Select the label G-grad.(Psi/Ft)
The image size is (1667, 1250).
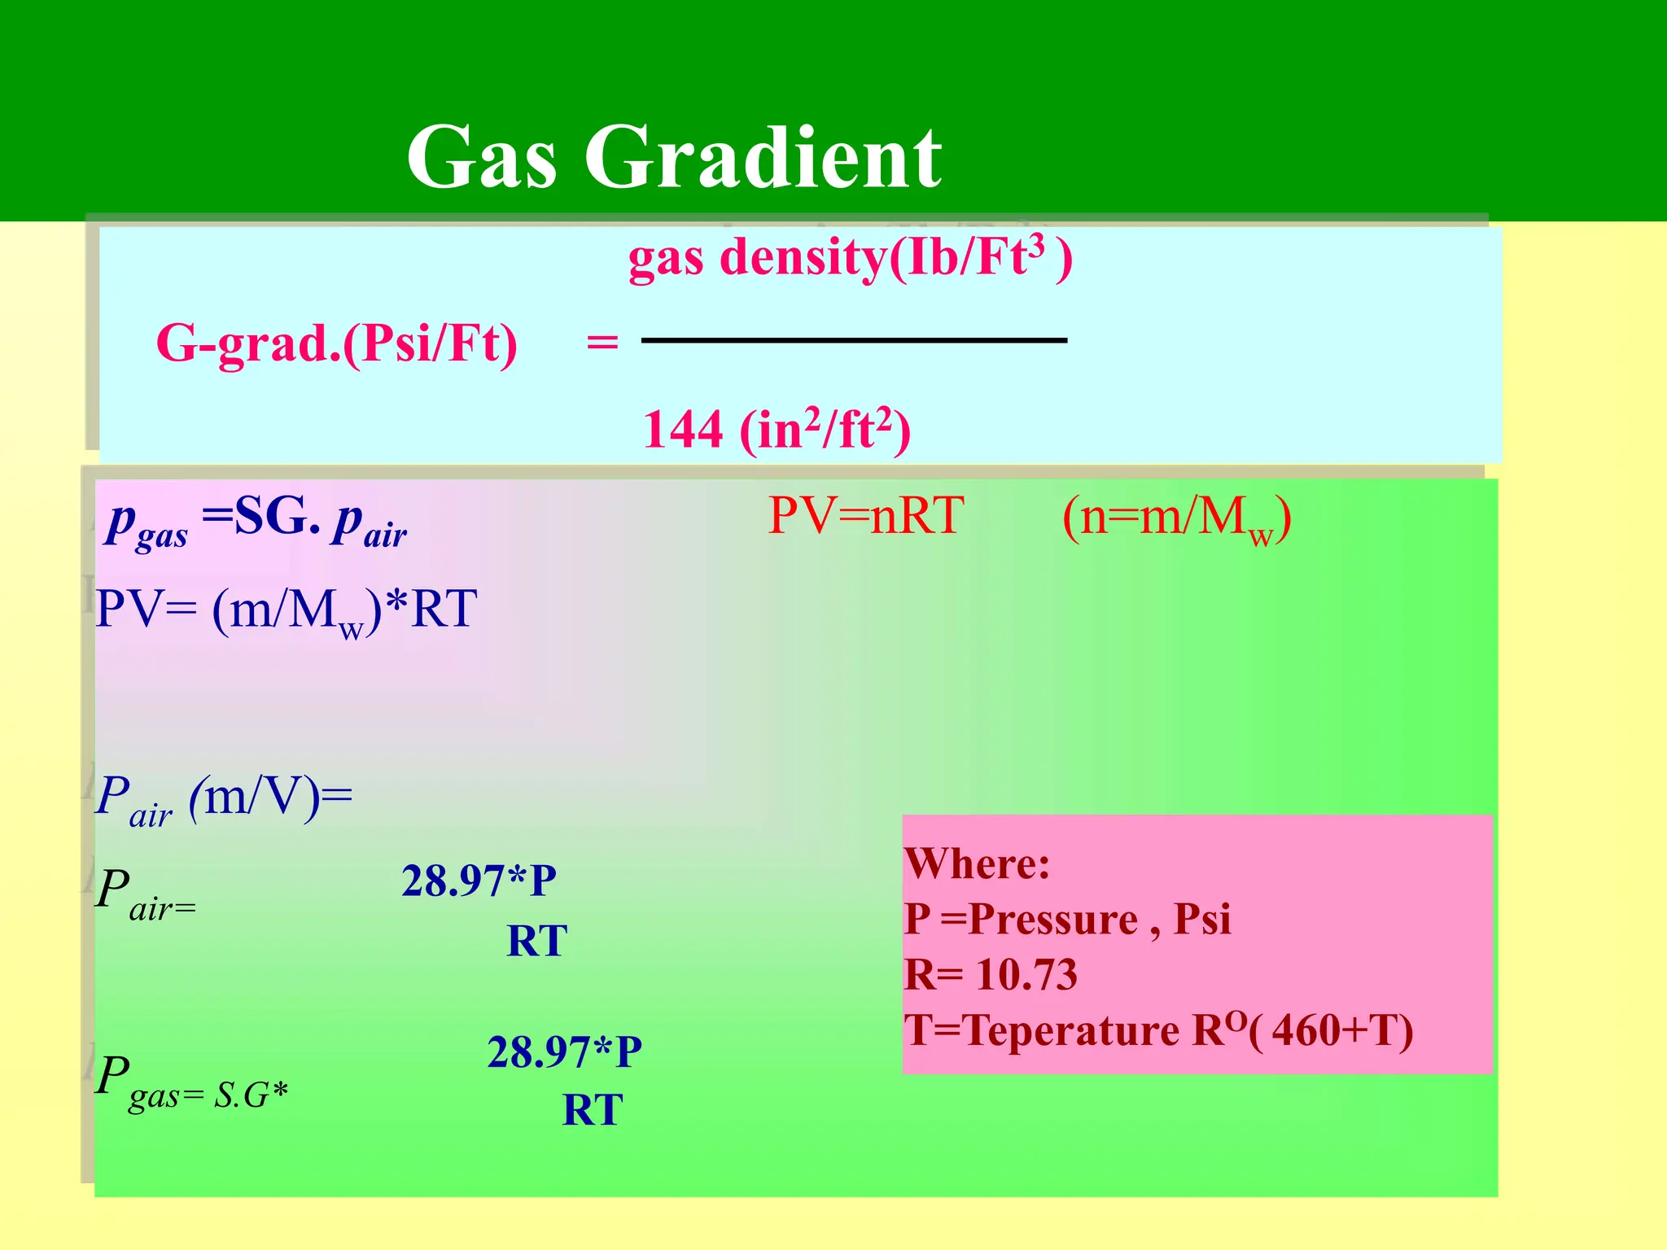pos(336,343)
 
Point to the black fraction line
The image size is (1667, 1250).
pos(854,340)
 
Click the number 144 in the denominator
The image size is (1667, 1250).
pos(682,429)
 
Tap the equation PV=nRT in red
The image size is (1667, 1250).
pos(866,515)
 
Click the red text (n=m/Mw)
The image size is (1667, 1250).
pos(1176,518)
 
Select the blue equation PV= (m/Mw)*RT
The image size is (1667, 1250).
pos(286,610)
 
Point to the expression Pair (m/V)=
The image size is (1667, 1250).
pos(224,798)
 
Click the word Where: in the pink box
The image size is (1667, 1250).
pos(977,863)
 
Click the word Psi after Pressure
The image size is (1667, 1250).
pos(1201,920)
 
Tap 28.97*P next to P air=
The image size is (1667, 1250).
pos(479,881)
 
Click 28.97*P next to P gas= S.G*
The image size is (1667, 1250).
pos(564,1051)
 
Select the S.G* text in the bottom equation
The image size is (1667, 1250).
pos(251,1095)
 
